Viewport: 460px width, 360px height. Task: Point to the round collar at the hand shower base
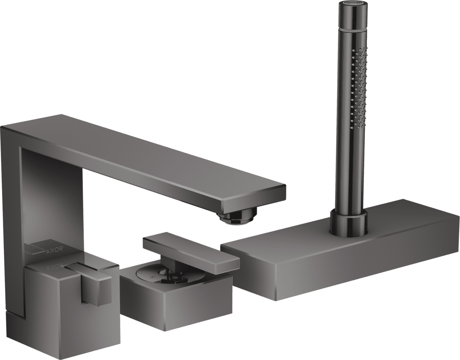[349, 222]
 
